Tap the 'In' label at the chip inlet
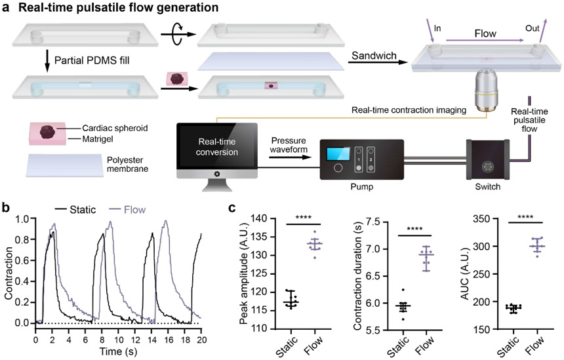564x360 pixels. pyautogui.click(x=437, y=29)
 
